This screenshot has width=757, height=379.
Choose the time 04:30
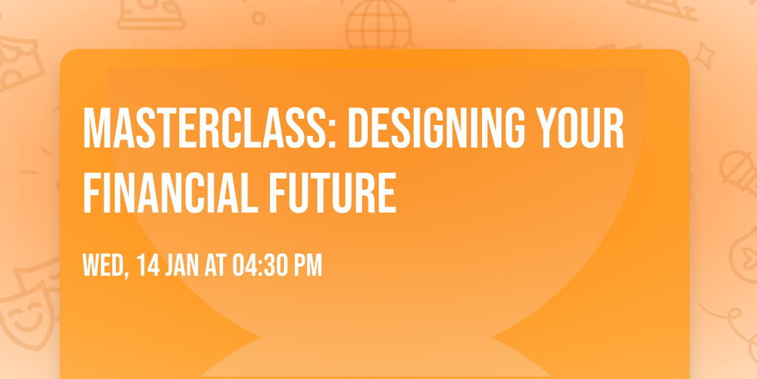pos(259,266)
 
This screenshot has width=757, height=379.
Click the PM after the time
pos(307,266)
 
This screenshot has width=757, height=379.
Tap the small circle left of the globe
pos(258,18)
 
